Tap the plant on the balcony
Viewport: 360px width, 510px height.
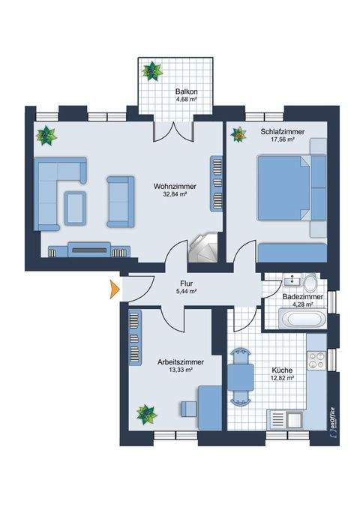pyautogui.click(x=154, y=71)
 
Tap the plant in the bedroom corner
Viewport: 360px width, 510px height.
pyautogui.click(x=238, y=135)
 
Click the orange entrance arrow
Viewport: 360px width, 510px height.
pyautogui.click(x=114, y=289)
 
